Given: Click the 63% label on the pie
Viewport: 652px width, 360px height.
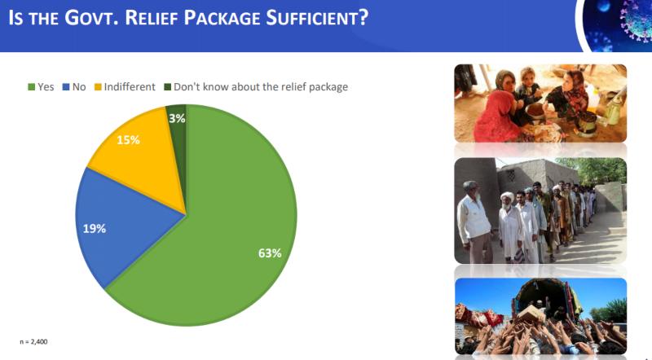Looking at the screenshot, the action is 270,253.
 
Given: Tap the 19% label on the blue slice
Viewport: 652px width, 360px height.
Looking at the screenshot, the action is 95,229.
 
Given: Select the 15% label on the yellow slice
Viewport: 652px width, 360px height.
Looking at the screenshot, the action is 128,140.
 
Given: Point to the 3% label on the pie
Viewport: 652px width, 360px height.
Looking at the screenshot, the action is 177,118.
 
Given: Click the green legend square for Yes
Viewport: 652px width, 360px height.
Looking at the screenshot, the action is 31,87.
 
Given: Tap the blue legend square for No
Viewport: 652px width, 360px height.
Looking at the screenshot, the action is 66,87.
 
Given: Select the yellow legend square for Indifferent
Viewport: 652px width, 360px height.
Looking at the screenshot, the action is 98,87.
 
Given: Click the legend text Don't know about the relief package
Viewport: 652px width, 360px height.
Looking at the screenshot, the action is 261,87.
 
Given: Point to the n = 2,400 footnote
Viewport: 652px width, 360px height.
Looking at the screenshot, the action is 33,342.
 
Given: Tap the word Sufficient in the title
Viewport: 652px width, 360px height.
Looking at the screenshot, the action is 312,17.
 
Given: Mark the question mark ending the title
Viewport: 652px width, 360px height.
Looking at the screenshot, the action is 363,17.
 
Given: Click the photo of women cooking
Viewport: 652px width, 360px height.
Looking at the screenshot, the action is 540,103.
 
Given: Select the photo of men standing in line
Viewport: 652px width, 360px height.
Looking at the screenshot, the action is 540,210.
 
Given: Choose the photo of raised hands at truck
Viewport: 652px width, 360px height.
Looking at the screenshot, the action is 540,316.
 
